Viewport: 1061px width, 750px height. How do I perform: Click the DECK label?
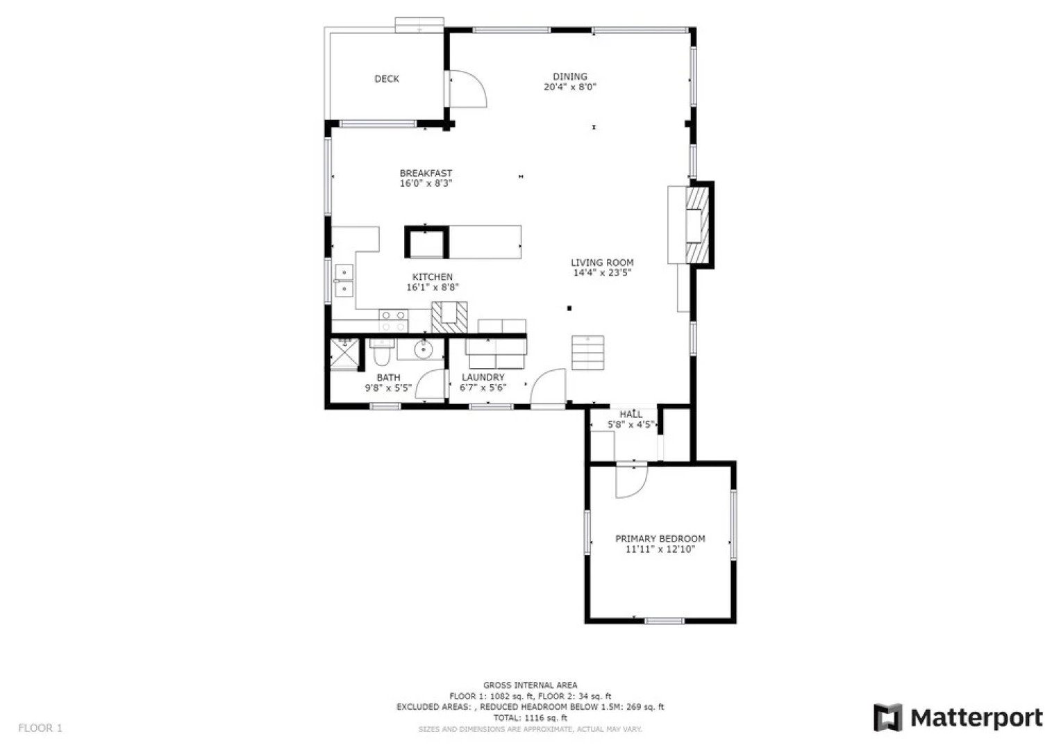tap(387, 79)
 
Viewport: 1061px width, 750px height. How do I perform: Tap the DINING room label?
tap(569, 77)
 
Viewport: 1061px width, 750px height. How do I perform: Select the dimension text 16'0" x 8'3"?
tap(426, 184)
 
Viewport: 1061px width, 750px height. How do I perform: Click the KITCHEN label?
tap(432, 277)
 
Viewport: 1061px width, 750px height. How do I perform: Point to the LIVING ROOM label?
tap(602, 262)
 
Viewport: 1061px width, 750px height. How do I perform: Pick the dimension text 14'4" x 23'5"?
tap(602, 273)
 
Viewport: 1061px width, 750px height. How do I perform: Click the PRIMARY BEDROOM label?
tap(660, 539)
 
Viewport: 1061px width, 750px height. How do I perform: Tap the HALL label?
tap(630, 415)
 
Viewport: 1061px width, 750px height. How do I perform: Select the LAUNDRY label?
tap(483, 378)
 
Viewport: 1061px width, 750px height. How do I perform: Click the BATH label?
tap(388, 378)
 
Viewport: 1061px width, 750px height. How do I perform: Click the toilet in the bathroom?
tap(381, 355)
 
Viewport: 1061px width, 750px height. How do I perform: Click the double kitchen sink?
tap(344, 281)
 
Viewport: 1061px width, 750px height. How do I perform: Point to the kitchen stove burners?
tap(393, 321)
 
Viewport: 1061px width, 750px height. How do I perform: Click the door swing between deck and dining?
tap(467, 90)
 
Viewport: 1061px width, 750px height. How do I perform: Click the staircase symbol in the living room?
tap(587, 353)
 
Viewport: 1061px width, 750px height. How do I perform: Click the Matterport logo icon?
tap(887, 717)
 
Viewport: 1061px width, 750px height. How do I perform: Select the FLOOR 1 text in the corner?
tap(40, 728)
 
